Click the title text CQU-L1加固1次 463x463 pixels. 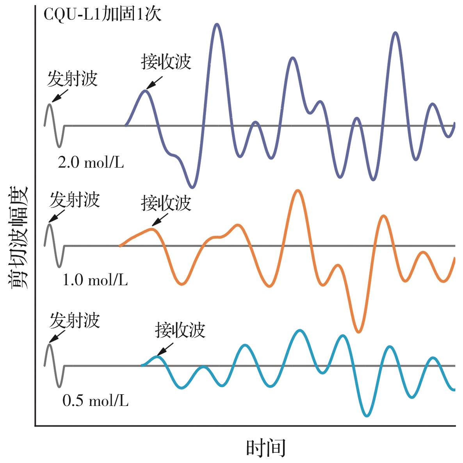[102, 15]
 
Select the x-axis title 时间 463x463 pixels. [265, 448]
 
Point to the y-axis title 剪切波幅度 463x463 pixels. [19, 237]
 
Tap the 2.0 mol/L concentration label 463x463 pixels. [91, 162]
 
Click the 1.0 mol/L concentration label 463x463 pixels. [95, 280]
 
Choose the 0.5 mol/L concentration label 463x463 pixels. [95, 401]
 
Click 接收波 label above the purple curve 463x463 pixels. [166, 62]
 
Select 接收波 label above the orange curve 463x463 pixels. [166, 203]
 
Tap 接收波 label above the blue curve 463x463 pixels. [180, 330]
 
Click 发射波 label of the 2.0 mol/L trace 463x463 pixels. [72, 79]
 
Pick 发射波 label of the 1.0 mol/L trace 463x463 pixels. [75, 200]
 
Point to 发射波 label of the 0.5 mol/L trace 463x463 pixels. [75, 321]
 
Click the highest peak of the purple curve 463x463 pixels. [217, 24]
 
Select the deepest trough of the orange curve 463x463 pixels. [359, 332]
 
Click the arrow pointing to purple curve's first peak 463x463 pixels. [155, 82]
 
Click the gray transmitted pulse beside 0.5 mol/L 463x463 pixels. [54, 365]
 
